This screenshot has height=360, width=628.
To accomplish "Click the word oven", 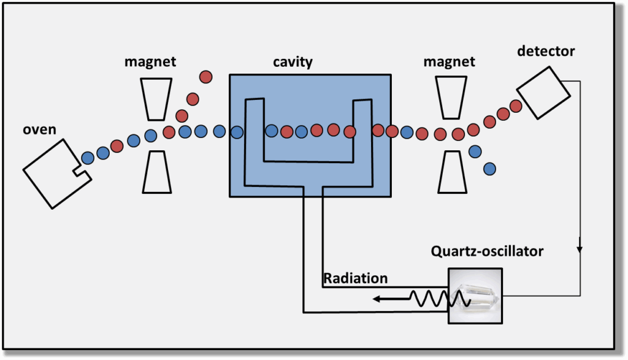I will [x=40, y=131].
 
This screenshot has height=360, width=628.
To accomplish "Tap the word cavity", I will [x=293, y=62].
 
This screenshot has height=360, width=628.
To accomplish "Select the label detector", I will [x=546, y=51].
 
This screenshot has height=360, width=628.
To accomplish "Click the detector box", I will [x=543, y=92].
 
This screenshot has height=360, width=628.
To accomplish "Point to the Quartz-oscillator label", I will [x=487, y=251].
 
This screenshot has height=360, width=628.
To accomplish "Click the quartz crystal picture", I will [x=476, y=296].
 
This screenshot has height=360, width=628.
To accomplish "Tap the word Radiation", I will [x=356, y=278].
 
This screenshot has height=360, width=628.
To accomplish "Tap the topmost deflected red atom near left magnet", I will [x=205, y=77].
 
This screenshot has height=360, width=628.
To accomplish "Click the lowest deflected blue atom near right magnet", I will [x=489, y=168].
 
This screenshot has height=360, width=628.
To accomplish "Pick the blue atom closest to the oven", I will [x=88, y=156].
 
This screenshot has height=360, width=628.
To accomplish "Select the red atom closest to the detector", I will [x=516, y=105].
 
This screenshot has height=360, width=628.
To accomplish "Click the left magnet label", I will [x=150, y=61].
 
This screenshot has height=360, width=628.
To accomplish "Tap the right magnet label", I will [x=450, y=61].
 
